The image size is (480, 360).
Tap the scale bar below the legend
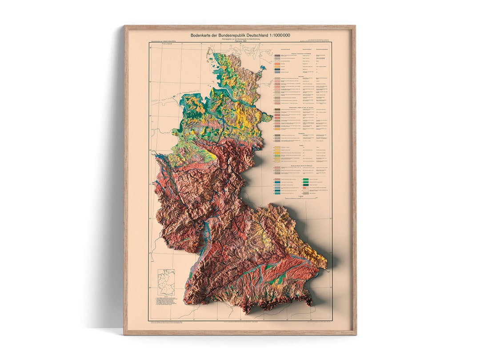(x=303, y=199)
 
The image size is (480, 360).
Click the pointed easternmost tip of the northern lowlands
(x=271, y=117)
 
